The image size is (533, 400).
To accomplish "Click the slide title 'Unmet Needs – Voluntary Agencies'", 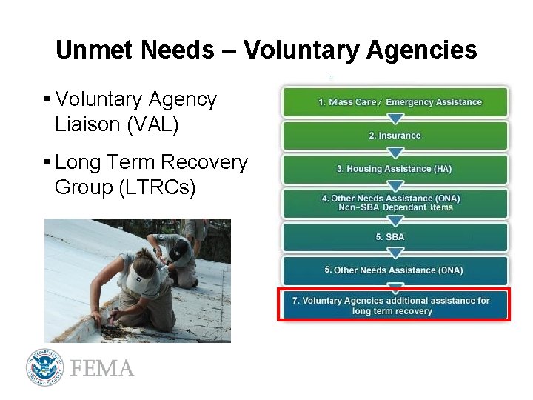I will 266,50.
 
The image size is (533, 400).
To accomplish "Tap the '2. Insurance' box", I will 394,136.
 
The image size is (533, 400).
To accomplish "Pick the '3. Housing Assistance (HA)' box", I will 394,169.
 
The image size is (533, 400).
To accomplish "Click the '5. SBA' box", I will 394,237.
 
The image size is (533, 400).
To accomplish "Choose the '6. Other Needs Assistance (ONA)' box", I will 394,270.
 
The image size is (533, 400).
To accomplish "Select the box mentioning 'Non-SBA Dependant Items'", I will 394,203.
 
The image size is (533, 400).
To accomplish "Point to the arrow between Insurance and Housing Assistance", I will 395,152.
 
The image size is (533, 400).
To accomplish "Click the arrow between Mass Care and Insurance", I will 395,119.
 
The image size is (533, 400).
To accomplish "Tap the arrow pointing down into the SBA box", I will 395,220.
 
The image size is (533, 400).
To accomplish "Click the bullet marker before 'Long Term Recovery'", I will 47,162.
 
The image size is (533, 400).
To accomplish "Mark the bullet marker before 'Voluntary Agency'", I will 47,99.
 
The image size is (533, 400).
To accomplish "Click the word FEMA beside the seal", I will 102,368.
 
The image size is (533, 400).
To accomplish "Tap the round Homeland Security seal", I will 46,367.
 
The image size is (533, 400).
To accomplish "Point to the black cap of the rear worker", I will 180,250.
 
